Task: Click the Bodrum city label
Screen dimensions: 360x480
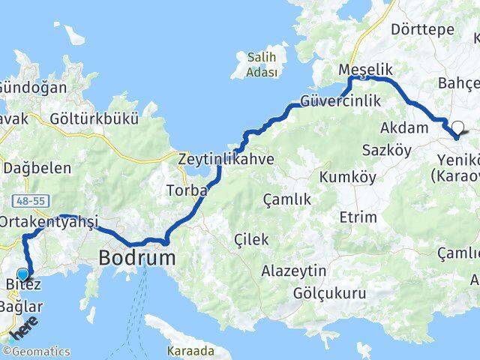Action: point(137,259)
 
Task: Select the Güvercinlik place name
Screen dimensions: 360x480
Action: point(340,100)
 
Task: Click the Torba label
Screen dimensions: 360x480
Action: point(186,190)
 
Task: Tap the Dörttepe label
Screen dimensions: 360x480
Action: point(422,29)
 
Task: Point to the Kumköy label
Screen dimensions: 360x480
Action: point(342,177)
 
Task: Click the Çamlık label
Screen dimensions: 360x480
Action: point(286,199)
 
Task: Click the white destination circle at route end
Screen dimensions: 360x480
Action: point(457,127)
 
